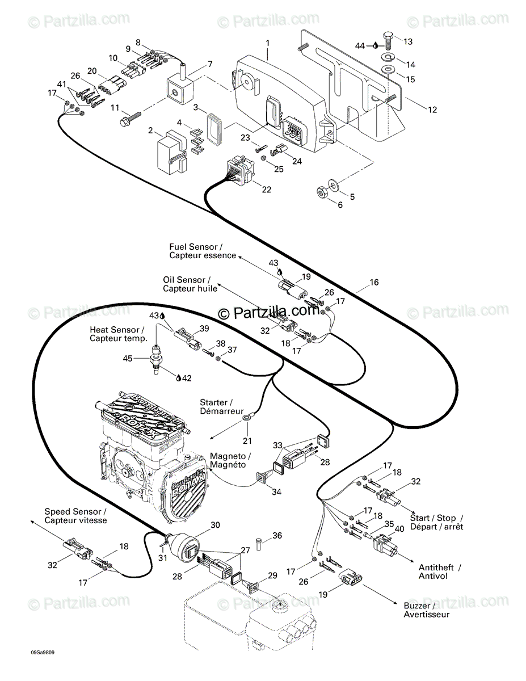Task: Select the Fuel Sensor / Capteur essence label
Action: click(203, 251)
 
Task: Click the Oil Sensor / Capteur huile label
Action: click(190, 284)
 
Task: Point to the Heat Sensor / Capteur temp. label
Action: click(119, 334)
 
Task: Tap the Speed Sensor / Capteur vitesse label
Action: click(75, 516)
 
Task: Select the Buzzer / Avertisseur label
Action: click(426, 610)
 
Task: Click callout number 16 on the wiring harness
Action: click(374, 282)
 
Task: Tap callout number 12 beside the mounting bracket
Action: click(432, 110)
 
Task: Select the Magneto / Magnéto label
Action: click(230, 460)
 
